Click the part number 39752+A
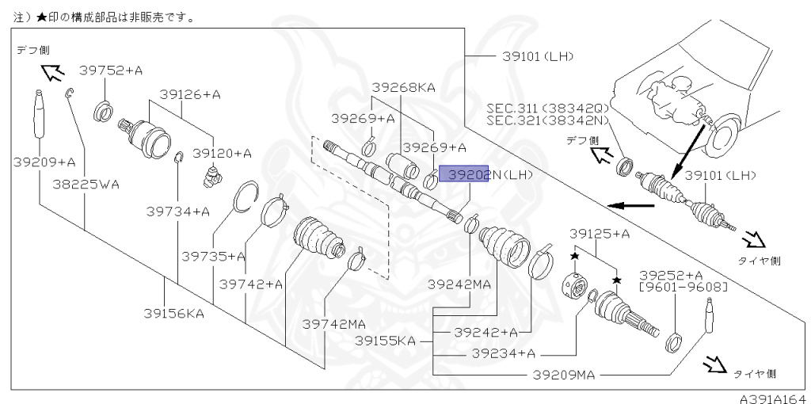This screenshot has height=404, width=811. (111, 71)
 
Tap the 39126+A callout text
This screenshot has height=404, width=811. (189, 94)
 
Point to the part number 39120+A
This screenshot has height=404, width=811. (223, 153)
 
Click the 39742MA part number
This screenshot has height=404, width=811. (334, 323)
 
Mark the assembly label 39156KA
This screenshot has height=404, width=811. (173, 313)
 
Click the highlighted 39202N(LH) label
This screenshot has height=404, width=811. (486, 174)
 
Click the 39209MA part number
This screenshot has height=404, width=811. (562, 372)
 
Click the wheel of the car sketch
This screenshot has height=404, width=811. (723, 135)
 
